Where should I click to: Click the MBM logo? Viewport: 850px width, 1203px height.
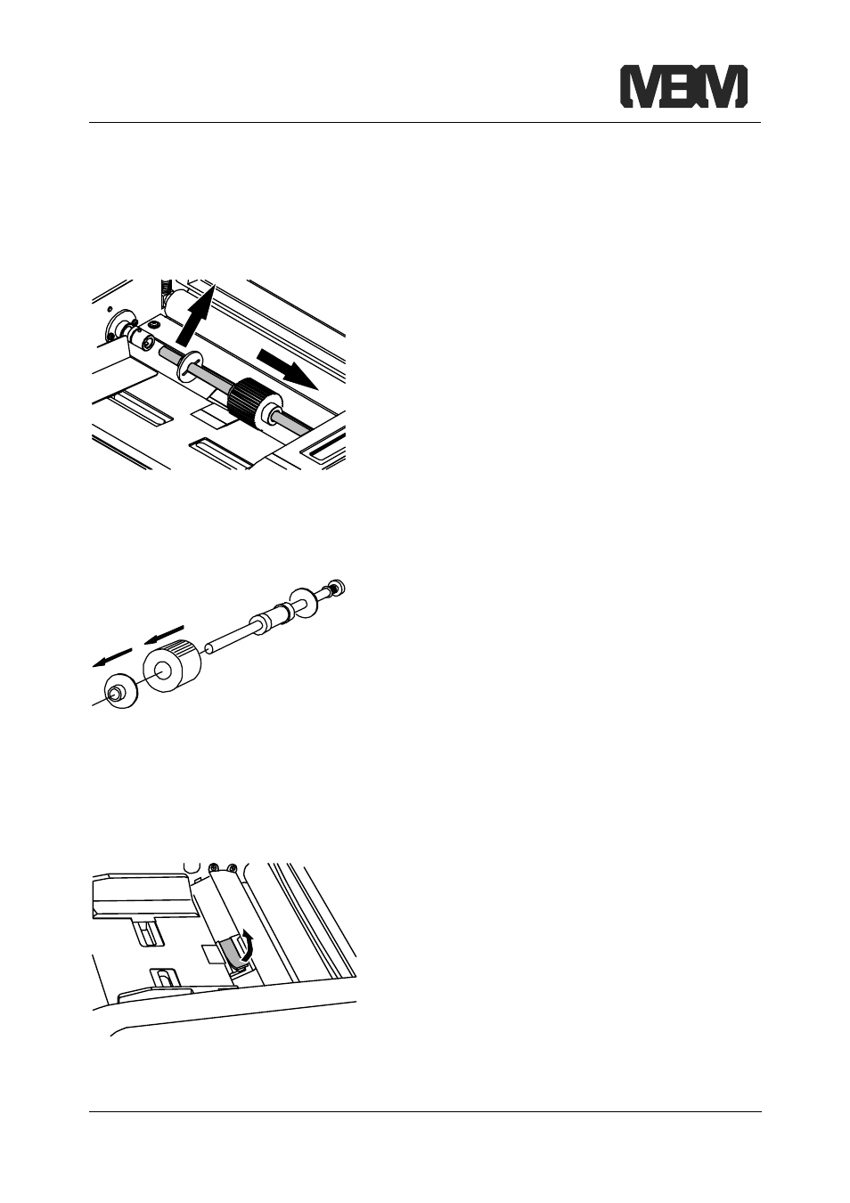[x=684, y=86]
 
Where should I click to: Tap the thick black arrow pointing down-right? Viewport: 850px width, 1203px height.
[x=286, y=368]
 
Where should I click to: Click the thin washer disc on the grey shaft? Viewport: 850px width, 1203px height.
[x=190, y=366]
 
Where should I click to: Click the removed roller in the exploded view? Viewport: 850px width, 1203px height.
[x=171, y=667]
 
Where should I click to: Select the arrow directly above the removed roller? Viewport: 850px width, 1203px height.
[x=165, y=634]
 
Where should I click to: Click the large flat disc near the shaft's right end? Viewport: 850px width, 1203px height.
[x=304, y=603]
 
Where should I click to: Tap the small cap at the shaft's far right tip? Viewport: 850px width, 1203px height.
[x=338, y=587]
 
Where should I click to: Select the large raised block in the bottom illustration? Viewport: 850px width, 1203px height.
[x=142, y=896]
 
